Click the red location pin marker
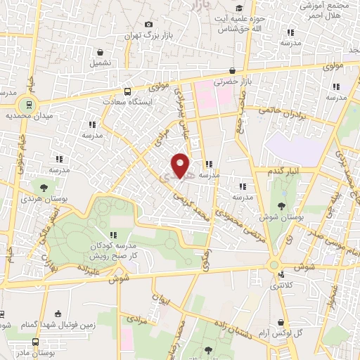(181, 165)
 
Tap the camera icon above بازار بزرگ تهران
(148, 25)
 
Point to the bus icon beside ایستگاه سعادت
(127, 91)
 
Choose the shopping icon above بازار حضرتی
(233, 70)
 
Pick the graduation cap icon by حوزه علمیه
(250, 7)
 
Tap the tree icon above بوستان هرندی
(44, 188)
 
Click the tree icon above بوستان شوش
(282, 206)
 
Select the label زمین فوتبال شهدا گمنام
(58, 324)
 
